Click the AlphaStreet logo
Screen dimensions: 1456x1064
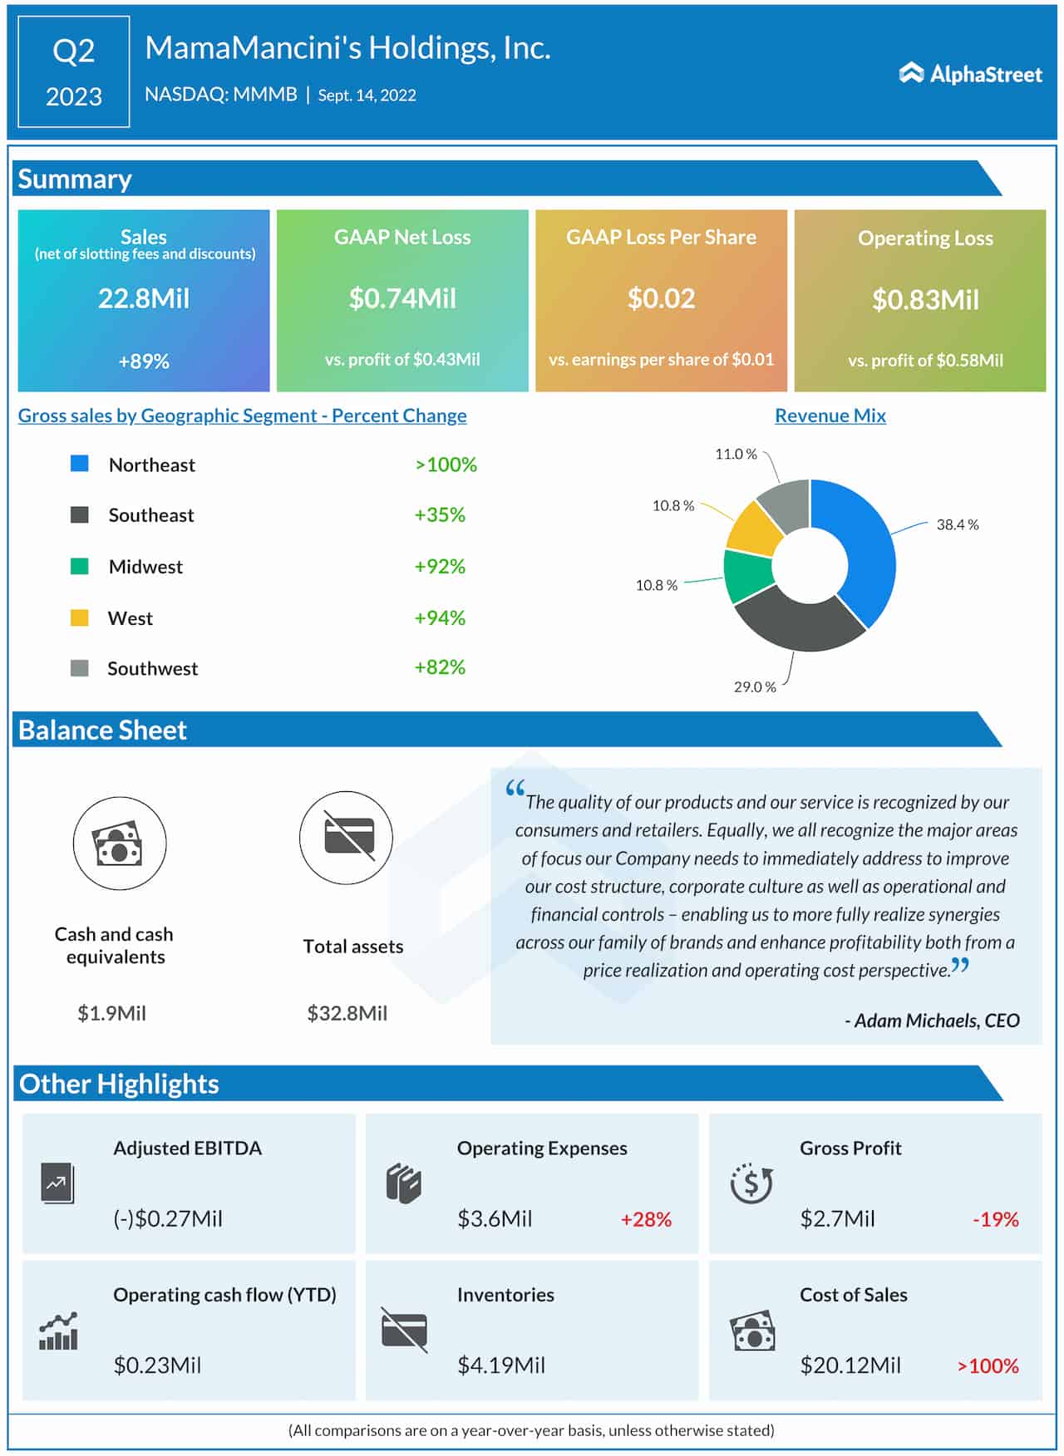(970, 74)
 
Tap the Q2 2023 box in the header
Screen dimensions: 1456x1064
(74, 72)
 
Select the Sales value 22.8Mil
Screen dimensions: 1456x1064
(144, 298)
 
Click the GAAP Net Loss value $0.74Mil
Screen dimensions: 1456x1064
(402, 298)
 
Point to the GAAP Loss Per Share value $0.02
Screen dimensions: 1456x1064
(661, 298)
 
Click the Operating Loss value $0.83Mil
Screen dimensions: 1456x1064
(925, 299)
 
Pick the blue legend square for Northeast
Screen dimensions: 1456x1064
(80, 464)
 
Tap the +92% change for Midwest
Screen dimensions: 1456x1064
(440, 567)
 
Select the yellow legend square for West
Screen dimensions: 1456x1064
(80, 617)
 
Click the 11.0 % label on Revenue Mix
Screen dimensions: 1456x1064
(736, 454)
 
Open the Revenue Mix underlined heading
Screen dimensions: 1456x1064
(830, 416)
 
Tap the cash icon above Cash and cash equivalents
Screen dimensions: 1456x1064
(119, 844)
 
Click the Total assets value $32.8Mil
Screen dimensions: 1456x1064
(347, 1013)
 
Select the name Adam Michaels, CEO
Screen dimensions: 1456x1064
(932, 1021)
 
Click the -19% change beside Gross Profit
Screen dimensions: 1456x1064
(995, 1219)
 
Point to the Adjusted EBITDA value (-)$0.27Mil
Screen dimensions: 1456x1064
(168, 1219)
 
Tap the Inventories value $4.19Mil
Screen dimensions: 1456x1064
(500, 1365)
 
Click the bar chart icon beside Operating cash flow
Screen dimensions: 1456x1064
(58, 1331)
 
